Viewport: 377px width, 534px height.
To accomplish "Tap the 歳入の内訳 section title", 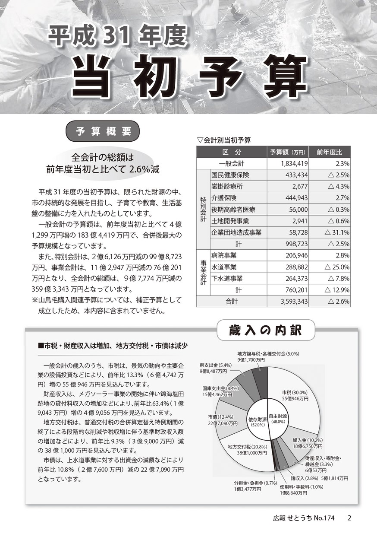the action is pos(265,331).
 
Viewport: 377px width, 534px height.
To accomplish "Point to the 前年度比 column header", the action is pos(330,152).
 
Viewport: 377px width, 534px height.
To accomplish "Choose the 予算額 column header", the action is pos(288,152).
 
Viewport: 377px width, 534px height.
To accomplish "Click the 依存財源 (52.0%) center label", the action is pos(258,421).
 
